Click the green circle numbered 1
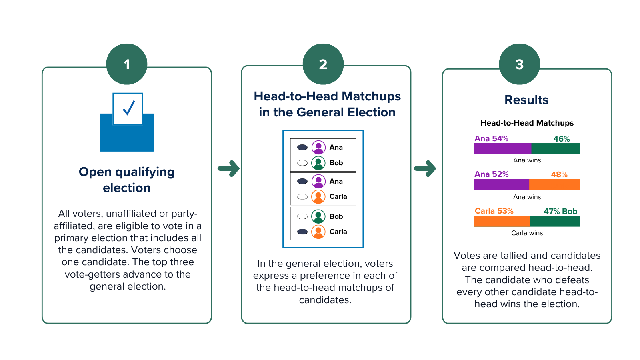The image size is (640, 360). tap(127, 64)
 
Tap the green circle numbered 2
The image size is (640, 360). tap(323, 64)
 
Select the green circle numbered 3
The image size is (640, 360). tap(520, 64)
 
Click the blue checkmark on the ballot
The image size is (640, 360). tap(129, 108)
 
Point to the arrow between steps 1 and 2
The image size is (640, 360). tap(228, 168)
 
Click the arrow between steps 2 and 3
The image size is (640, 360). tap(425, 168)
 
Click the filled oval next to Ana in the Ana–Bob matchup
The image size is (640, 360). tap(302, 148)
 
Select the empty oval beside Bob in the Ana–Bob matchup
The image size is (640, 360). tap(302, 163)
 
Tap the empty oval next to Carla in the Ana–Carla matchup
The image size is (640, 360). tap(302, 196)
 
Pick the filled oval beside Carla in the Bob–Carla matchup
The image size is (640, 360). tap(302, 232)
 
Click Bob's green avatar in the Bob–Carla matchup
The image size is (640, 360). tap(318, 216)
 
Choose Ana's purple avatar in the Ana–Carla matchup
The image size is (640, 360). tap(318, 181)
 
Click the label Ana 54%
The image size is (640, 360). tap(492, 138)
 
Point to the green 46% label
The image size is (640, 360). tap(562, 139)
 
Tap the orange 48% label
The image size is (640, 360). tap(559, 174)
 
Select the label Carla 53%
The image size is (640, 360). tap(494, 211)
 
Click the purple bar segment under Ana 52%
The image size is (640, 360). tap(502, 184)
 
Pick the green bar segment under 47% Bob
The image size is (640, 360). tap(555, 222)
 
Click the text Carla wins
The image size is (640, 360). tap(527, 233)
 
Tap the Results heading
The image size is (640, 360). tap(526, 100)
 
